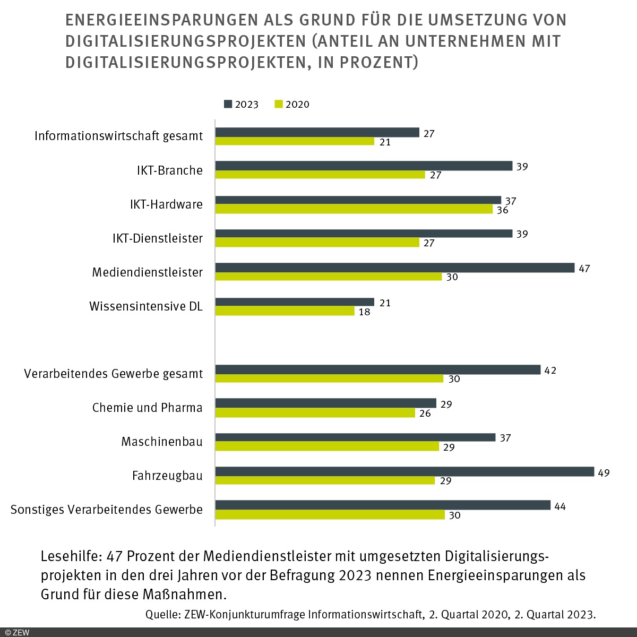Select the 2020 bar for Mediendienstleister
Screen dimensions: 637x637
(x=328, y=277)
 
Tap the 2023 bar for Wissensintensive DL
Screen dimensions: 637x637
(x=295, y=302)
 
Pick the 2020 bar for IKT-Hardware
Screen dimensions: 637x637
(x=354, y=209)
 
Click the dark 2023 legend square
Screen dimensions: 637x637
(x=228, y=104)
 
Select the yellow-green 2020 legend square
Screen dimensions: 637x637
(x=279, y=104)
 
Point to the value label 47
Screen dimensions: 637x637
(x=584, y=269)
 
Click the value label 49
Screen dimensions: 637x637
(x=604, y=472)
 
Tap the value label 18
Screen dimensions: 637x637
(x=364, y=312)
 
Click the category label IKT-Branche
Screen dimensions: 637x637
(x=169, y=170)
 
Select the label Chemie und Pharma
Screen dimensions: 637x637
(x=147, y=408)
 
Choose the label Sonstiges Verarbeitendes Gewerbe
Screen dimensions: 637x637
(x=107, y=510)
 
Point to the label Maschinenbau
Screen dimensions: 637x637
(x=161, y=442)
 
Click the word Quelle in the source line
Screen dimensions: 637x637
(x=162, y=615)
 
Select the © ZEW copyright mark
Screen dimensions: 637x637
(x=17, y=632)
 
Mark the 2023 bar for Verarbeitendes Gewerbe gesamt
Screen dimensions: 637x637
(x=377, y=369)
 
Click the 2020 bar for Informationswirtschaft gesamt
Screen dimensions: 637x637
(x=295, y=141)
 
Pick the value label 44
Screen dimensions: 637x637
(x=559, y=506)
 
